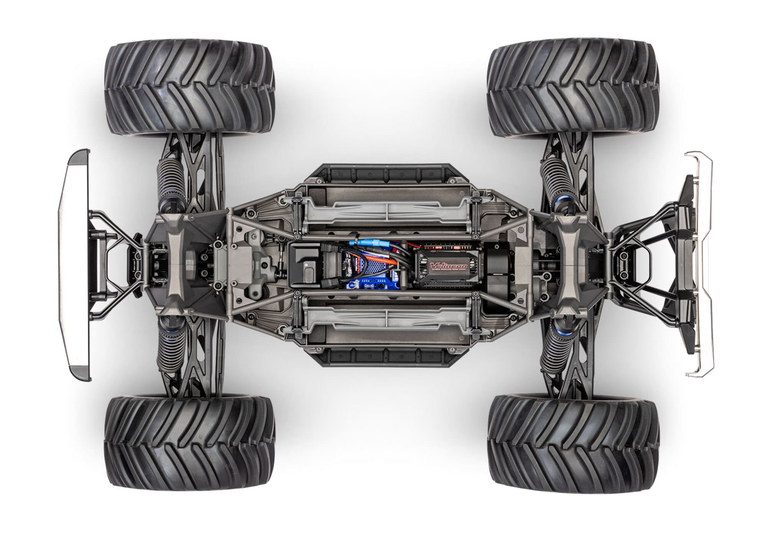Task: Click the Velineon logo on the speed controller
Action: pos(445,266)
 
